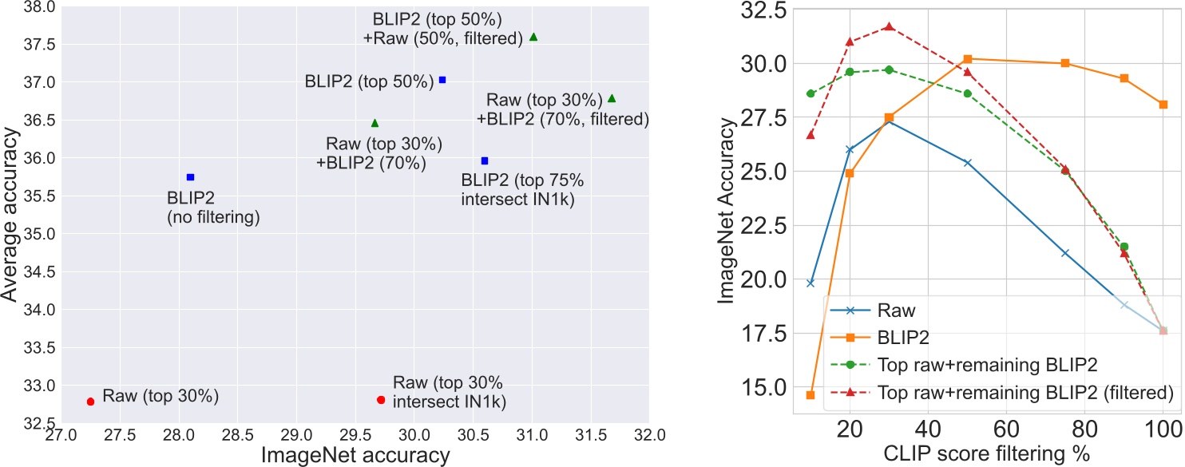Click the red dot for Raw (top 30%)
(90, 402)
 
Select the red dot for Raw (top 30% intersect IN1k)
(381, 400)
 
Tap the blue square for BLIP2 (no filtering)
(190, 177)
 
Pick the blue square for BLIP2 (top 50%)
(442, 80)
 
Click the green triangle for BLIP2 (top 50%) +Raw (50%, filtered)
(533, 37)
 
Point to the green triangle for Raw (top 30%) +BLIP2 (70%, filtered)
(612, 98)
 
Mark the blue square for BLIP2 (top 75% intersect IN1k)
(484, 160)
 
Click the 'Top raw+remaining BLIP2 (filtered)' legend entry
(1014, 392)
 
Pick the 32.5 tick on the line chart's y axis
(763, 10)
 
